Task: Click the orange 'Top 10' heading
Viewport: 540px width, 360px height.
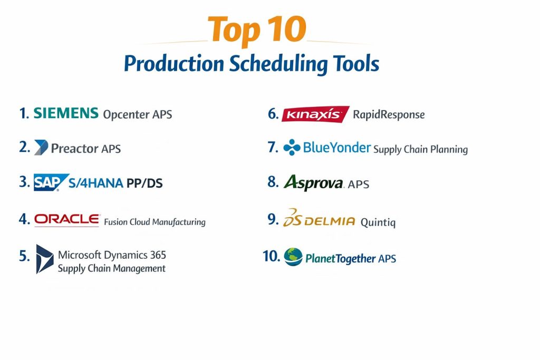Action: click(257, 30)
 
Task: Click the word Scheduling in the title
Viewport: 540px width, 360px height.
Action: click(278, 64)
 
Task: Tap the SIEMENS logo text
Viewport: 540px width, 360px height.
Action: click(66, 113)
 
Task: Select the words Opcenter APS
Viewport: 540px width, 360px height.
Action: click(138, 114)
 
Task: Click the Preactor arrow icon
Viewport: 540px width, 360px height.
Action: click(41, 147)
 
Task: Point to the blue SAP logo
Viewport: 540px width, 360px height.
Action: click(51, 182)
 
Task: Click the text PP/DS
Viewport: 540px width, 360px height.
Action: click(144, 183)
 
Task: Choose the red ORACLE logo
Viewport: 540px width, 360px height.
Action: click(67, 219)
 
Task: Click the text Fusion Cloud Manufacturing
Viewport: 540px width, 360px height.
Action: click(155, 222)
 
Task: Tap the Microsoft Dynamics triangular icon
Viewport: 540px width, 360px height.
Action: click(44, 259)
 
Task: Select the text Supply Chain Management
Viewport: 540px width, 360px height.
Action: click(112, 268)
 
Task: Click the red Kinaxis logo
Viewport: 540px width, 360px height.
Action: click(315, 114)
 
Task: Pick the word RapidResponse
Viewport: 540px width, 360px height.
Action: click(389, 114)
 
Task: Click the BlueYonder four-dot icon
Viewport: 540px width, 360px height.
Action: click(292, 147)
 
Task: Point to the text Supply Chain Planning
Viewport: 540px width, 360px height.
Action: click(420, 149)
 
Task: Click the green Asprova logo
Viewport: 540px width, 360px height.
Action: click(314, 182)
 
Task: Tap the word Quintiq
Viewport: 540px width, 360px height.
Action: click(378, 222)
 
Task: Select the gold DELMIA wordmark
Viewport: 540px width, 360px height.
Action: click(330, 221)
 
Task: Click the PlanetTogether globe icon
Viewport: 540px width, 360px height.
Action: click(293, 257)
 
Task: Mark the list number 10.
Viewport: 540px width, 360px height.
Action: click(272, 256)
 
